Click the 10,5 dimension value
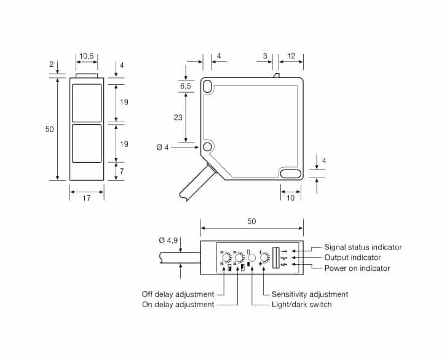click(x=87, y=57)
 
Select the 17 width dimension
click(x=86, y=198)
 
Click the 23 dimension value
click(x=178, y=117)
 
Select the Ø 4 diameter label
click(x=163, y=147)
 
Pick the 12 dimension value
click(x=291, y=57)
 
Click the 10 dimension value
click(x=291, y=198)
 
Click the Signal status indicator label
click(x=363, y=247)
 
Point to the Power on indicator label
click(x=357, y=268)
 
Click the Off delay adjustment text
click(x=178, y=294)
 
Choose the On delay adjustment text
click(x=178, y=304)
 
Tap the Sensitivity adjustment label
click(x=310, y=294)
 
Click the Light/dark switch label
click(x=301, y=304)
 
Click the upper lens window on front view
click(x=87, y=102)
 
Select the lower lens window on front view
click(x=87, y=143)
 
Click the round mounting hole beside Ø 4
click(x=207, y=147)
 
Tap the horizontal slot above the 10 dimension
click(x=291, y=174)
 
